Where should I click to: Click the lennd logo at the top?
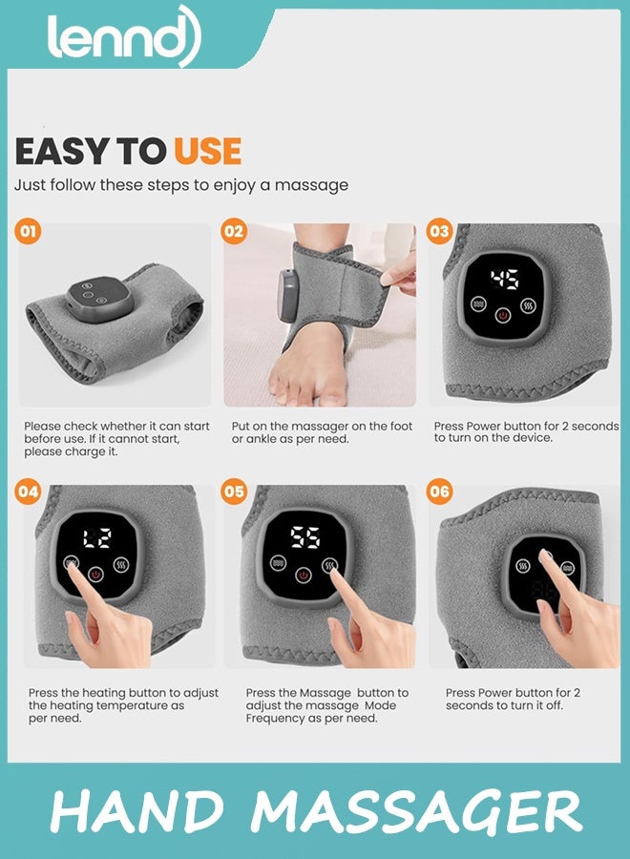(x=124, y=36)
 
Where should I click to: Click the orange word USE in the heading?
(x=208, y=151)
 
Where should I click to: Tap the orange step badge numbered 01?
(x=28, y=231)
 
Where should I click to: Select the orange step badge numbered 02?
(x=234, y=231)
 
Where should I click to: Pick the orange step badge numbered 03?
(x=439, y=231)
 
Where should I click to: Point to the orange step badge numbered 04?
(x=28, y=491)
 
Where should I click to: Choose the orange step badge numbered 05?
(x=234, y=491)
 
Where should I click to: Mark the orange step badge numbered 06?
(x=439, y=491)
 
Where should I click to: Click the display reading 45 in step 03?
(x=504, y=280)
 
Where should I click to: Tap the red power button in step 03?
(x=503, y=316)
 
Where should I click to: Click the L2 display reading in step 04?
(x=97, y=538)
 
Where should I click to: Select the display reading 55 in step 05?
(x=305, y=537)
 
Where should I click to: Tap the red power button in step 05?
(x=303, y=576)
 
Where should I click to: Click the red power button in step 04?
(x=95, y=575)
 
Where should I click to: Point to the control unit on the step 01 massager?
(x=99, y=299)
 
